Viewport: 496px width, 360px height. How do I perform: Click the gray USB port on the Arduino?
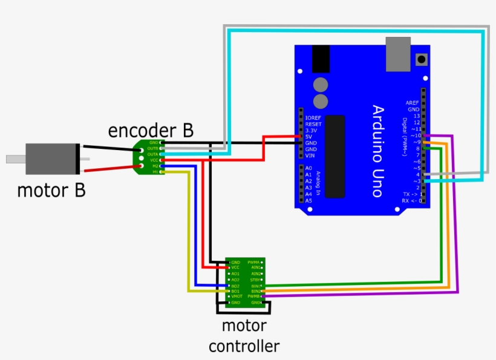398,53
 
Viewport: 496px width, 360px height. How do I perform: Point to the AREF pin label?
413,103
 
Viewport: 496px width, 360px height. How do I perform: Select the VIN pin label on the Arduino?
310,155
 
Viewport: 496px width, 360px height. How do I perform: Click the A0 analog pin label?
308,168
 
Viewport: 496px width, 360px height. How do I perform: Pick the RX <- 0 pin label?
411,200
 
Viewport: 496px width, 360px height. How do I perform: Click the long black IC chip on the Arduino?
335,155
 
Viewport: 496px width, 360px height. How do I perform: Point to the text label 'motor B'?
51,191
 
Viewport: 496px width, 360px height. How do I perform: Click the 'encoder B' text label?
151,130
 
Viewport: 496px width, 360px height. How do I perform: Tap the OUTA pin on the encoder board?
153,154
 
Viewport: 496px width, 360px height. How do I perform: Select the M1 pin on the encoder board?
155,172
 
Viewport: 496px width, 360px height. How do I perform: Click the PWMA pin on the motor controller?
254,262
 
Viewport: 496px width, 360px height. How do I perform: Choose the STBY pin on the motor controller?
255,280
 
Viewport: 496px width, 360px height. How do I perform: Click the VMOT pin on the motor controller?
237,296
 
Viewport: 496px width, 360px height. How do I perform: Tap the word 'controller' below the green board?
244,346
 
